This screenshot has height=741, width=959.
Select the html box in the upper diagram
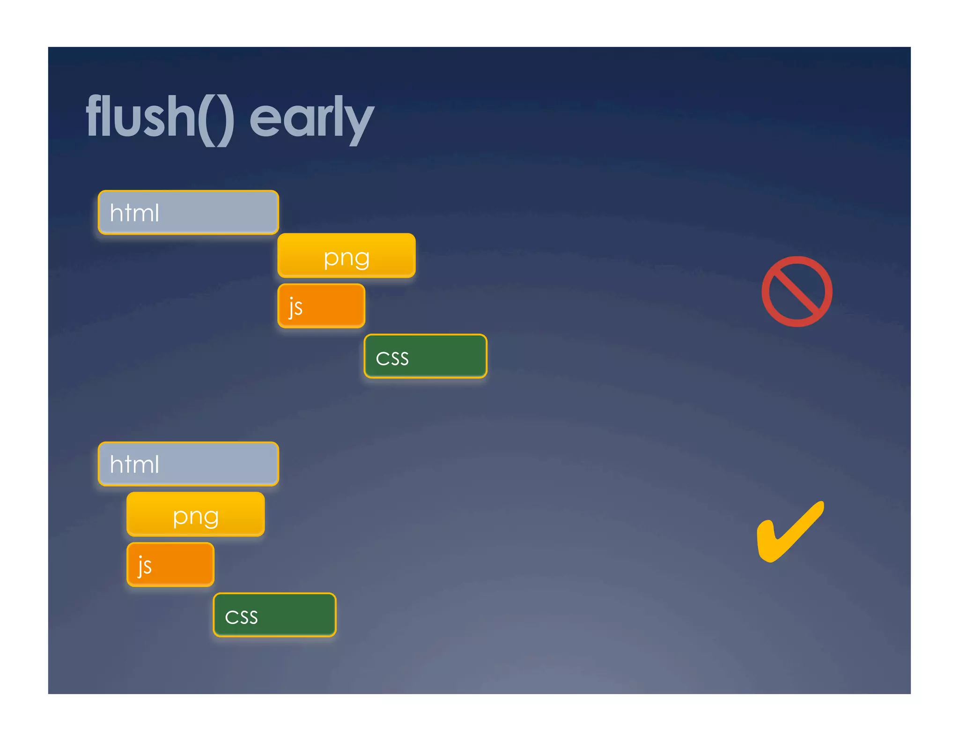(x=188, y=212)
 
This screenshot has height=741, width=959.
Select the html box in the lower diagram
(x=188, y=464)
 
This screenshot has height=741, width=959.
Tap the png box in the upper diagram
(x=347, y=255)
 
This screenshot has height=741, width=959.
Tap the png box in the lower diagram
(x=196, y=514)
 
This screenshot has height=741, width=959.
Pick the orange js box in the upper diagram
(x=321, y=305)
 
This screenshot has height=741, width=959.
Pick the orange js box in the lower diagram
(x=170, y=564)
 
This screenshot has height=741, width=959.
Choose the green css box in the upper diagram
(x=425, y=356)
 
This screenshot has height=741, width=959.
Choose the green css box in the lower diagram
(x=274, y=615)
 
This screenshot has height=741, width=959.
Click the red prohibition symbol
(x=797, y=291)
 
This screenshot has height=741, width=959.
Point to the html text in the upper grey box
(x=134, y=213)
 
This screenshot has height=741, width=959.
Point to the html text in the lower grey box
(x=134, y=464)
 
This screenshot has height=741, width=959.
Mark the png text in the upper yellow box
(x=347, y=258)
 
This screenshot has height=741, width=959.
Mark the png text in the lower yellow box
(x=196, y=516)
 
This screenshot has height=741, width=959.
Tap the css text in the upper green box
(x=392, y=358)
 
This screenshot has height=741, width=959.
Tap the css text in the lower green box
(x=241, y=617)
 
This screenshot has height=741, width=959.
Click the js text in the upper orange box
(x=295, y=307)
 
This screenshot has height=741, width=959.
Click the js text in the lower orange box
(x=145, y=566)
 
